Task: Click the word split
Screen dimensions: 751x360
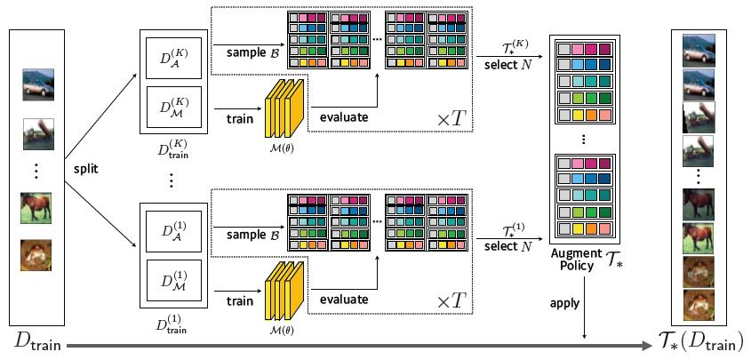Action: pos(86,169)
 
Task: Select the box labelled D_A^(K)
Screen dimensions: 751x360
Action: pos(174,58)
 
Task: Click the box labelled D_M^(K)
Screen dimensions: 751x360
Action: pos(174,107)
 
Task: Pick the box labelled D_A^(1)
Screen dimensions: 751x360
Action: pos(174,232)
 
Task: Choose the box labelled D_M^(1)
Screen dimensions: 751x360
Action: pos(174,281)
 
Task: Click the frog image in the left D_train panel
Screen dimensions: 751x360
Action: pos(36,255)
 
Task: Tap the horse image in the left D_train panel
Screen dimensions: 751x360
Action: pos(36,208)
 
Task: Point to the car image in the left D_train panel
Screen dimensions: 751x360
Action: pos(38,84)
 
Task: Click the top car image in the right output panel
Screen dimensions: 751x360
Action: pos(699,50)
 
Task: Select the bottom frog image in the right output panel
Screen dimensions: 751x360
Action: pos(699,305)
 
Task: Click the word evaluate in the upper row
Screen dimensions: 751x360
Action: pos(344,117)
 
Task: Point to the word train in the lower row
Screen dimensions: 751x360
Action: pos(240,301)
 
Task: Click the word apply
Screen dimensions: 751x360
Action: pos(564,303)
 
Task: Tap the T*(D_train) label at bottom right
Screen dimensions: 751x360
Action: pos(699,342)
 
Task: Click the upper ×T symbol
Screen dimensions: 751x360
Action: pos(451,119)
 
